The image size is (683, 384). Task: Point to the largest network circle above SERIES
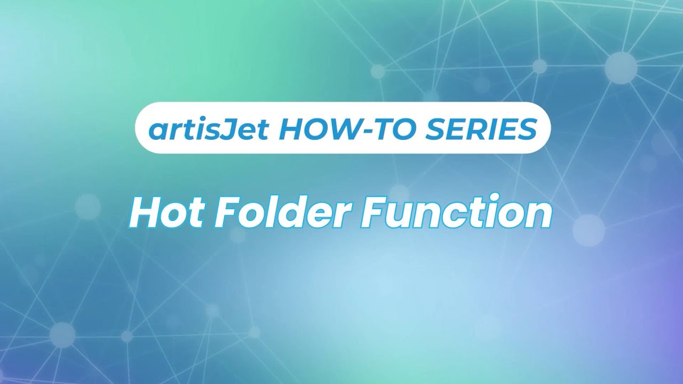(621, 68)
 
